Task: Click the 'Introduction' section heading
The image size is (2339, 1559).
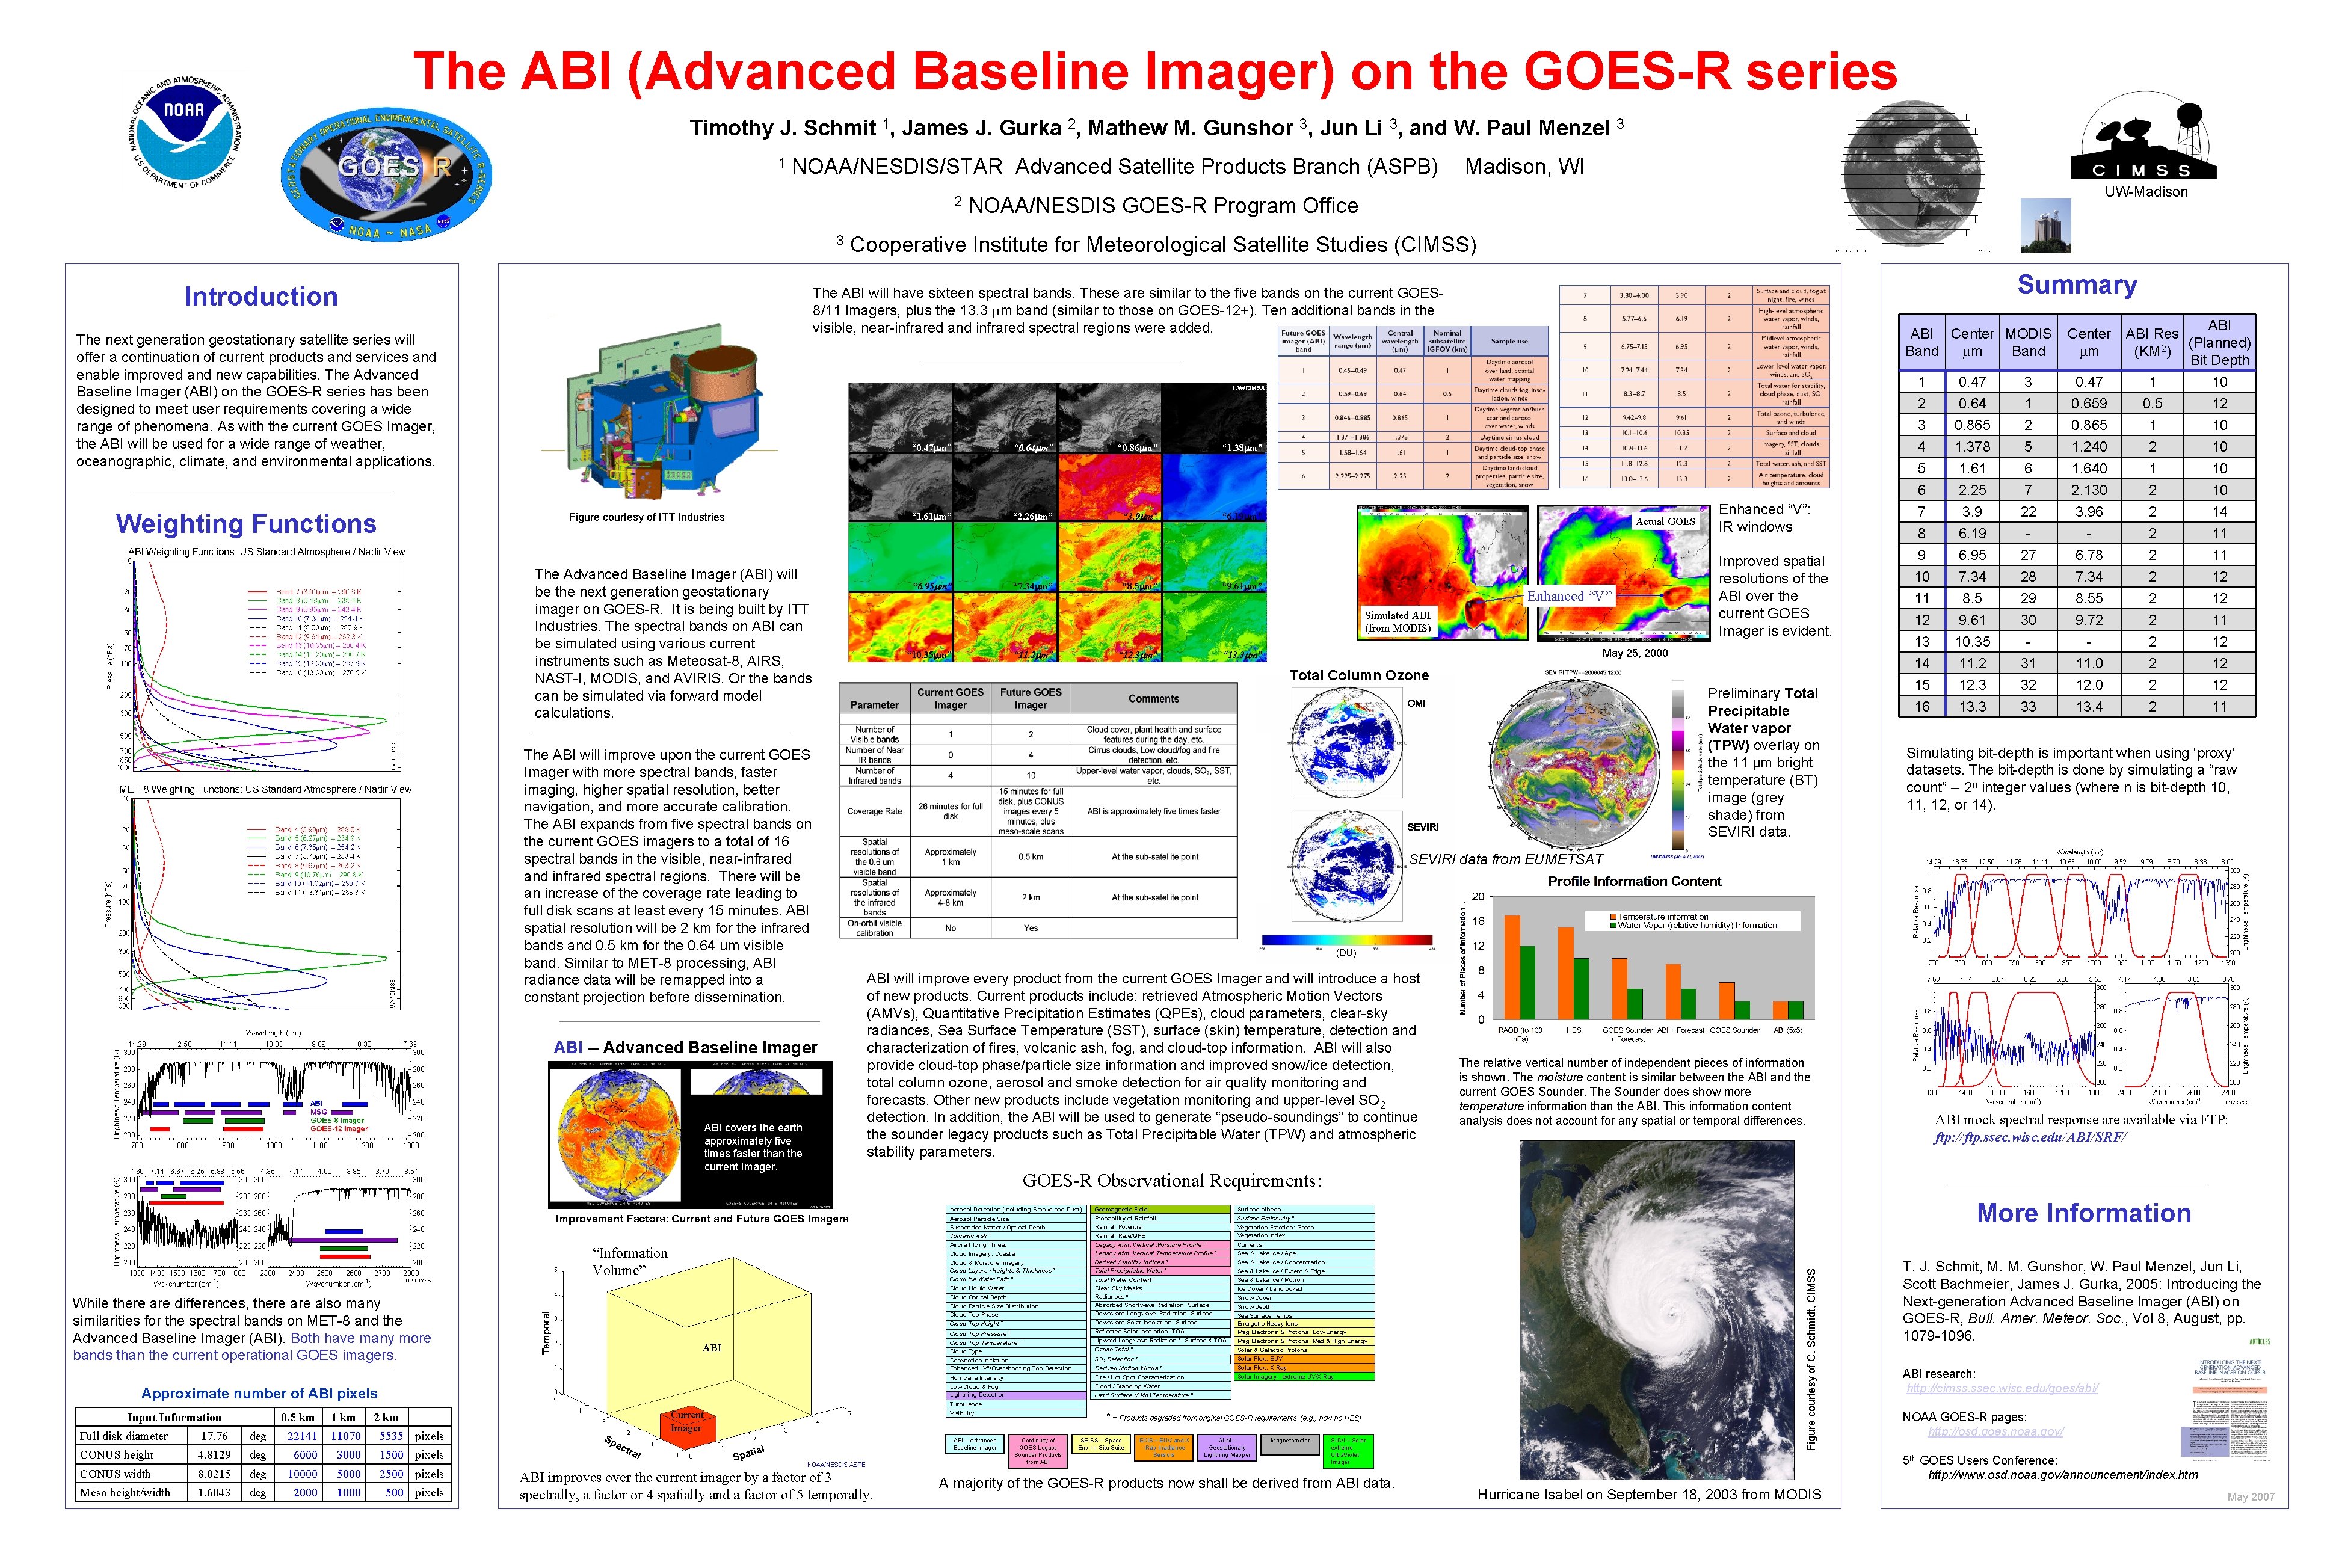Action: [x=260, y=297]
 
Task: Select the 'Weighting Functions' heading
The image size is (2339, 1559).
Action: [x=245, y=524]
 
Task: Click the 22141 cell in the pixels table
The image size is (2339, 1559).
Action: [x=303, y=1436]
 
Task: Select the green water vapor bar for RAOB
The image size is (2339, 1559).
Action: [x=1527, y=982]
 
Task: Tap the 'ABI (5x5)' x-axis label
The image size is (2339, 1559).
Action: [x=1787, y=1030]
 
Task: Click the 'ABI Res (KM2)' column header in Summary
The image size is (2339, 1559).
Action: [x=2151, y=342]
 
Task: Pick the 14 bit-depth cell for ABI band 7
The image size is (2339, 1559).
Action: [x=2219, y=512]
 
